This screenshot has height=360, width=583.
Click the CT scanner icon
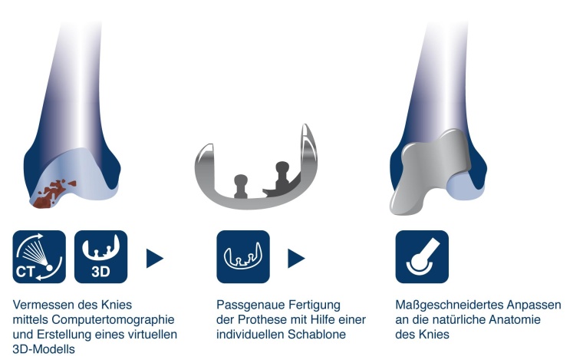click(38, 257)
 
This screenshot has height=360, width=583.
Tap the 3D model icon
click(101, 257)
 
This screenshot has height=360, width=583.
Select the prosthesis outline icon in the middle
click(242, 257)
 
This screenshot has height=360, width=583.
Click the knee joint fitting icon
click(421, 257)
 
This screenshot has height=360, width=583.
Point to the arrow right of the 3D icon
click(155, 258)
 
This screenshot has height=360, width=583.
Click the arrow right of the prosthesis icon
click(296, 258)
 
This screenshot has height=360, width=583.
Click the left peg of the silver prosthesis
click(240, 184)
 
